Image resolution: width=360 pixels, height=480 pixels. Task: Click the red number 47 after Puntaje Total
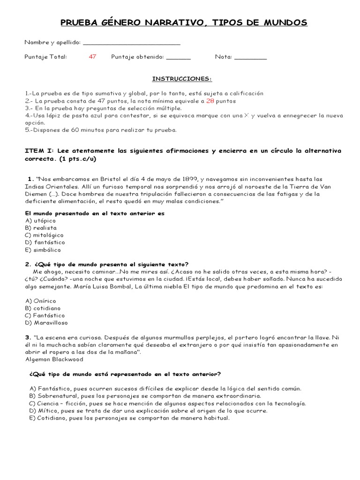pos(92,57)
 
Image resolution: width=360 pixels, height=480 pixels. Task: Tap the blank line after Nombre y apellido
pos(132,44)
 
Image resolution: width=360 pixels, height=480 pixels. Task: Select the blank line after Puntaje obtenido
pos(179,58)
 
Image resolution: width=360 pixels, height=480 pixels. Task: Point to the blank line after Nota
pos(250,58)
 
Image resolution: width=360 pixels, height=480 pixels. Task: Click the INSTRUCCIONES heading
pos(182,78)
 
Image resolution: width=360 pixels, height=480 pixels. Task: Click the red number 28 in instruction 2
pos(210,101)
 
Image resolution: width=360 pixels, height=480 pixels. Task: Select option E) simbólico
pos(43,250)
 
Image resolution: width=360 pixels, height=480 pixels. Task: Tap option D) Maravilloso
pos(46,323)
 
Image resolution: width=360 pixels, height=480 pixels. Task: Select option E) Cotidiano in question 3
pos(129,418)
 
